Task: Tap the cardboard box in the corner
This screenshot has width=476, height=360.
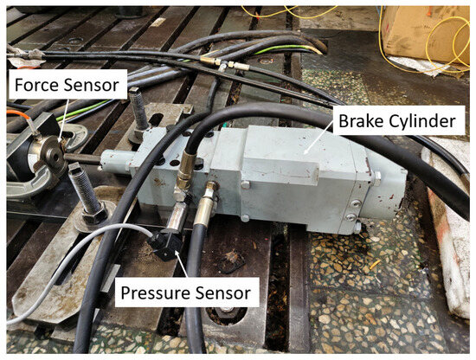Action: tap(425, 35)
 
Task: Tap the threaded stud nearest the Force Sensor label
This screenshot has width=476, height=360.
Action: tap(138, 108)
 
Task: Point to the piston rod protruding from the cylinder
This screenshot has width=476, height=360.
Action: tap(82, 158)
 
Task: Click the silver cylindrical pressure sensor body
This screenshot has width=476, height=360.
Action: tap(177, 217)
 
